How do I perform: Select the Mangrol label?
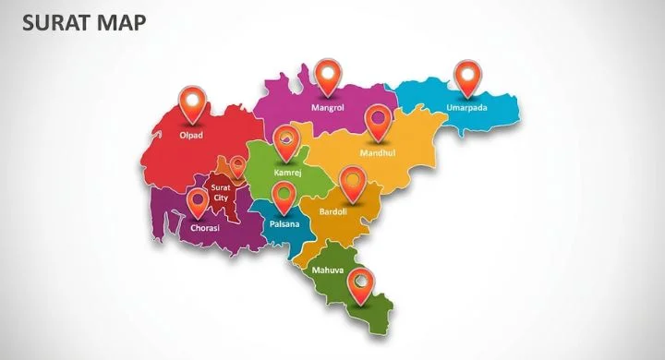(x=327, y=107)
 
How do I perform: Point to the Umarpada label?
(x=467, y=107)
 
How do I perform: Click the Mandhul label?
(x=378, y=152)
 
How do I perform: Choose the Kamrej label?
(x=288, y=173)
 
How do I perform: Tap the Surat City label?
(x=221, y=192)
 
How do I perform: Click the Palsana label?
(x=284, y=223)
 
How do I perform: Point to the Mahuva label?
(x=327, y=270)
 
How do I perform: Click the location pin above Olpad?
(x=192, y=102)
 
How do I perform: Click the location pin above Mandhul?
(x=377, y=121)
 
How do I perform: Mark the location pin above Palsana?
(x=284, y=196)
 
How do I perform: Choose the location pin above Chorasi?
(x=197, y=200)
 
